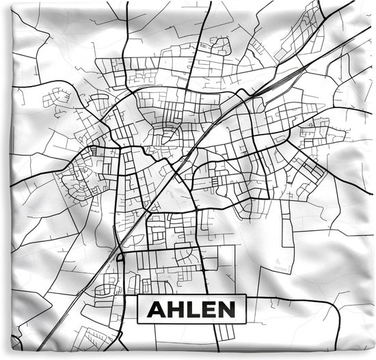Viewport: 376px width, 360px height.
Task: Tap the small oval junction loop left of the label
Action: tap(120, 258)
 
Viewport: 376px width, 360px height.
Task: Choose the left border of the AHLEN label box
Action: tap(138, 311)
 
